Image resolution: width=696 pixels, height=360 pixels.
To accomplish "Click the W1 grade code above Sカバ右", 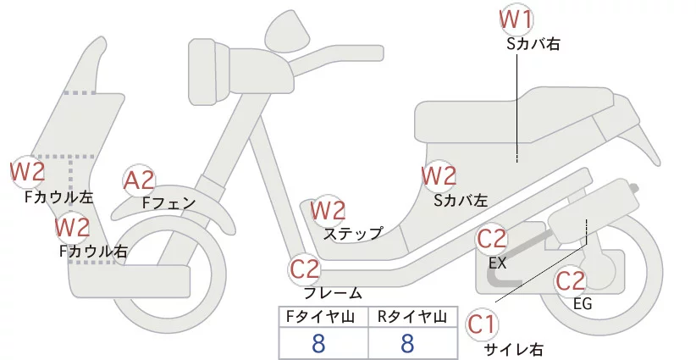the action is pyautogui.click(x=516, y=19).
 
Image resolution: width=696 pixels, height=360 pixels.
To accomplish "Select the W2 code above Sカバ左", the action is pyautogui.click(x=439, y=176).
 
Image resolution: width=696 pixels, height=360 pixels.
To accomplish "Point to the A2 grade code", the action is pyautogui.click(x=140, y=180).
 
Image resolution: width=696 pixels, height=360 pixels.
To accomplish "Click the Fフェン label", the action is pyautogui.click(x=168, y=203).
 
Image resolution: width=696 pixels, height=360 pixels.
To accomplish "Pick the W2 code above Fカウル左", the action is pyautogui.click(x=27, y=172).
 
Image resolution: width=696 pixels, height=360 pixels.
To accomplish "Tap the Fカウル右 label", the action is pyautogui.click(x=94, y=251).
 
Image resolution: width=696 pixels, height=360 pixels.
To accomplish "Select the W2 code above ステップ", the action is pyautogui.click(x=328, y=210).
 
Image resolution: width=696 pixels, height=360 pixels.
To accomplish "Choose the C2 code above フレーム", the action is pyautogui.click(x=305, y=270).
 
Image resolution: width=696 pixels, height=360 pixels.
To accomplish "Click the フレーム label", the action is pyautogui.click(x=332, y=293).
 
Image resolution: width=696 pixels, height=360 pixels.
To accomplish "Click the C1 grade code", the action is pyautogui.click(x=482, y=324).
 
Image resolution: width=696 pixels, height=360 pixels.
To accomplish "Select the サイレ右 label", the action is pyautogui.click(x=513, y=349).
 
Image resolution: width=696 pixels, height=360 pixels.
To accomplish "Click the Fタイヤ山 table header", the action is pyautogui.click(x=323, y=318).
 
